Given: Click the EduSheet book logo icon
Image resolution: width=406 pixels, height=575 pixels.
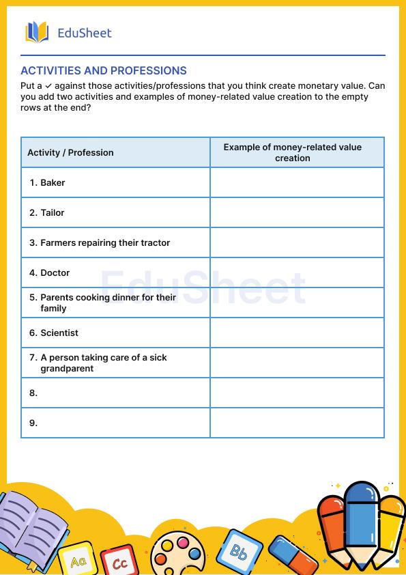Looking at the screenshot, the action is click(x=37, y=32).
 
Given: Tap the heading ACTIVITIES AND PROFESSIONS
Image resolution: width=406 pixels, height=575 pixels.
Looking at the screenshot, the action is click(x=104, y=70).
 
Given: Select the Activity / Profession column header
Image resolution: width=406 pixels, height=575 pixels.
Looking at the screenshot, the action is click(x=70, y=152).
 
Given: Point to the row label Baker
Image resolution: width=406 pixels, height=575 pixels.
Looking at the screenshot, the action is click(x=53, y=182).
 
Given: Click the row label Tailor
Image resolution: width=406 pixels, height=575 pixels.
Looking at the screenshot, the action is click(x=53, y=212).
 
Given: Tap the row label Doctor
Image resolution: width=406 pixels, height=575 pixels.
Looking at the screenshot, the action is click(x=55, y=272).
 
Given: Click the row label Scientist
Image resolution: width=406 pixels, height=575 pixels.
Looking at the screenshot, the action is click(x=59, y=333).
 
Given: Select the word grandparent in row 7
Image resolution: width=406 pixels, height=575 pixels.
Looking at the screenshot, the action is click(x=67, y=368).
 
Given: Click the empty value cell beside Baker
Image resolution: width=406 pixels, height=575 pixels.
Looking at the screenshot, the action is click(x=297, y=182).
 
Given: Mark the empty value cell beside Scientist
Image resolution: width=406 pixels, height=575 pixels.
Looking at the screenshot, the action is click(x=297, y=333).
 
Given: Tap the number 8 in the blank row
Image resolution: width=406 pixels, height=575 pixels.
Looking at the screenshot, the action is click(x=33, y=393).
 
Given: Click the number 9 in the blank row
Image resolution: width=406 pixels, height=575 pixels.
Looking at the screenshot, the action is click(x=33, y=423).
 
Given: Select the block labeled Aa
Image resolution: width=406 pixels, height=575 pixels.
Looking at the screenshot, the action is click(x=77, y=560).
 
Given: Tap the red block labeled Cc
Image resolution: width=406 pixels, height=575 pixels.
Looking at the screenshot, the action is click(x=119, y=561).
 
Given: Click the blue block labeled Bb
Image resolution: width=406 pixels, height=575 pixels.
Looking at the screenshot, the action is click(x=238, y=550).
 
